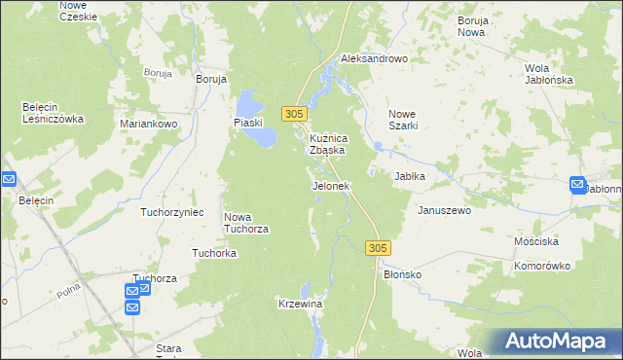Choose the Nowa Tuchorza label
click(x=246, y=223)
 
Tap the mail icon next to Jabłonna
click(x=577, y=184)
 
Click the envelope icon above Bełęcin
click(x=9, y=179)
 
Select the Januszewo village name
click(x=444, y=210)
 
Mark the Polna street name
click(x=67, y=289)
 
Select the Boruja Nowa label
click(x=471, y=25)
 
